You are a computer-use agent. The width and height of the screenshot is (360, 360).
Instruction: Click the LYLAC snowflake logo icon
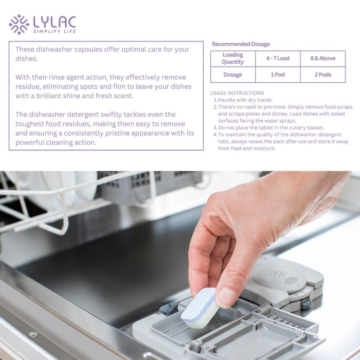click(x=19, y=25)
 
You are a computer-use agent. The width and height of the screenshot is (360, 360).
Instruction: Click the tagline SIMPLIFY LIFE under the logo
click(x=54, y=31)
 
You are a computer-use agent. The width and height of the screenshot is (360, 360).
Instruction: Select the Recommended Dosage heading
click(x=240, y=44)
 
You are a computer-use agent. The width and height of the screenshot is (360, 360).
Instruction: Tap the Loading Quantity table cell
click(x=233, y=58)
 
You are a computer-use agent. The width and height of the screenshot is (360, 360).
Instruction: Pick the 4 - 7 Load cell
click(x=278, y=58)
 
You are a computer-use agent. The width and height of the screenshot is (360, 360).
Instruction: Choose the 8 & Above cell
click(x=323, y=58)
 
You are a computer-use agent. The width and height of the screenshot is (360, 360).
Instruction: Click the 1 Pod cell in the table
click(x=278, y=75)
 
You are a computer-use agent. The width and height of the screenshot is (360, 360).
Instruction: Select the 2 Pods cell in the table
click(x=323, y=75)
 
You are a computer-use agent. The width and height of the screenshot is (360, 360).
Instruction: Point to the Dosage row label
click(x=233, y=75)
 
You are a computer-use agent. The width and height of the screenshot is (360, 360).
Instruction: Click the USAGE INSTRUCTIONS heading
click(x=237, y=93)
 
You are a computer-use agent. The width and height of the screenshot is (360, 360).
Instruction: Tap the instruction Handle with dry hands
click(x=245, y=100)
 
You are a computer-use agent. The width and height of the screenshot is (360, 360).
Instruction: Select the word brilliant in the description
click(x=49, y=96)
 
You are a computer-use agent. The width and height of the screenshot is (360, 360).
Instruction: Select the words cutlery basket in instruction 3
click(x=306, y=128)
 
